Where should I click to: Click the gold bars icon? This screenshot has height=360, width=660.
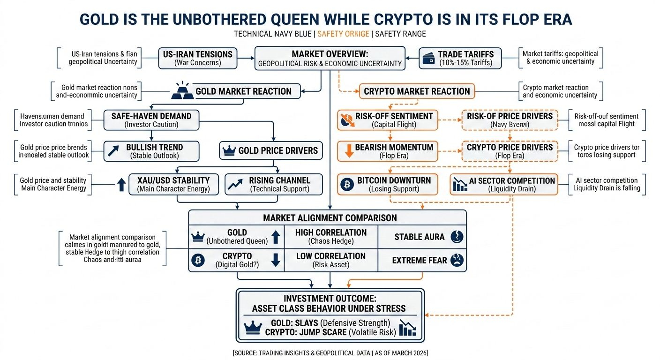pyautogui.click(x=182, y=91)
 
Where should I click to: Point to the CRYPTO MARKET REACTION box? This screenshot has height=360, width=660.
pyautogui.click(x=417, y=91)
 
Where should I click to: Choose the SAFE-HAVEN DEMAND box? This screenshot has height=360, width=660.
pyautogui.click(x=151, y=120)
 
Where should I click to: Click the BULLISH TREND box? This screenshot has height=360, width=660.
pyautogui.click(x=151, y=151)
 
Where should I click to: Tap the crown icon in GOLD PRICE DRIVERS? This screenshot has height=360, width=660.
pyautogui.click(x=230, y=151)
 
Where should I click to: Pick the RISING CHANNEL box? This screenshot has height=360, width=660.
pyautogui.click(x=273, y=184)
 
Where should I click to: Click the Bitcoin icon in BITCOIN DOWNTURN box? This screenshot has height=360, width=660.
pyautogui.click(x=346, y=184)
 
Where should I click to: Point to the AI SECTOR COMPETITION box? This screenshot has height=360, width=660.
pyautogui.click(x=504, y=184)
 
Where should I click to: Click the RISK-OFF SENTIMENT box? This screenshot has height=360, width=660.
pyautogui.click(x=388, y=120)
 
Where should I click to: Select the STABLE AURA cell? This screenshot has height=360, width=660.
pyautogui.click(x=421, y=237)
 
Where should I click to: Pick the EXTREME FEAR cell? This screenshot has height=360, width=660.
pyautogui.click(x=421, y=260)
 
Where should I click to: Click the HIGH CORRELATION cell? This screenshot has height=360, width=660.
pyautogui.click(x=330, y=237)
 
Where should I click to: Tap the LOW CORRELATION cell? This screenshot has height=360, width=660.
pyautogui.click(x=330, y=260)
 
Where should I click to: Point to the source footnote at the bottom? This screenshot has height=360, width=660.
pyautogui.click(x=330, y=352)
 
